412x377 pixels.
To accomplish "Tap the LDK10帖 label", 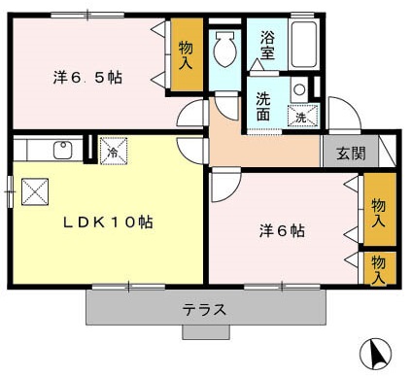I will [109, 222].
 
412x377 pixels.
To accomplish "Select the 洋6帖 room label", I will [282, 231].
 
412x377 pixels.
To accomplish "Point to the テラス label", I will [205, 310].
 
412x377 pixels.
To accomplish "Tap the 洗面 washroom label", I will [263, 105].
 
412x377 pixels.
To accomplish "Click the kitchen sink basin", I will [62, 150].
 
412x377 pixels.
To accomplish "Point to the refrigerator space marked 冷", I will [112, 152].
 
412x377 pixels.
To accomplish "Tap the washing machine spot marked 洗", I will [301, 117].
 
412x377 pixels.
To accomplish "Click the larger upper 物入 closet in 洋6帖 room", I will [379, 209].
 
